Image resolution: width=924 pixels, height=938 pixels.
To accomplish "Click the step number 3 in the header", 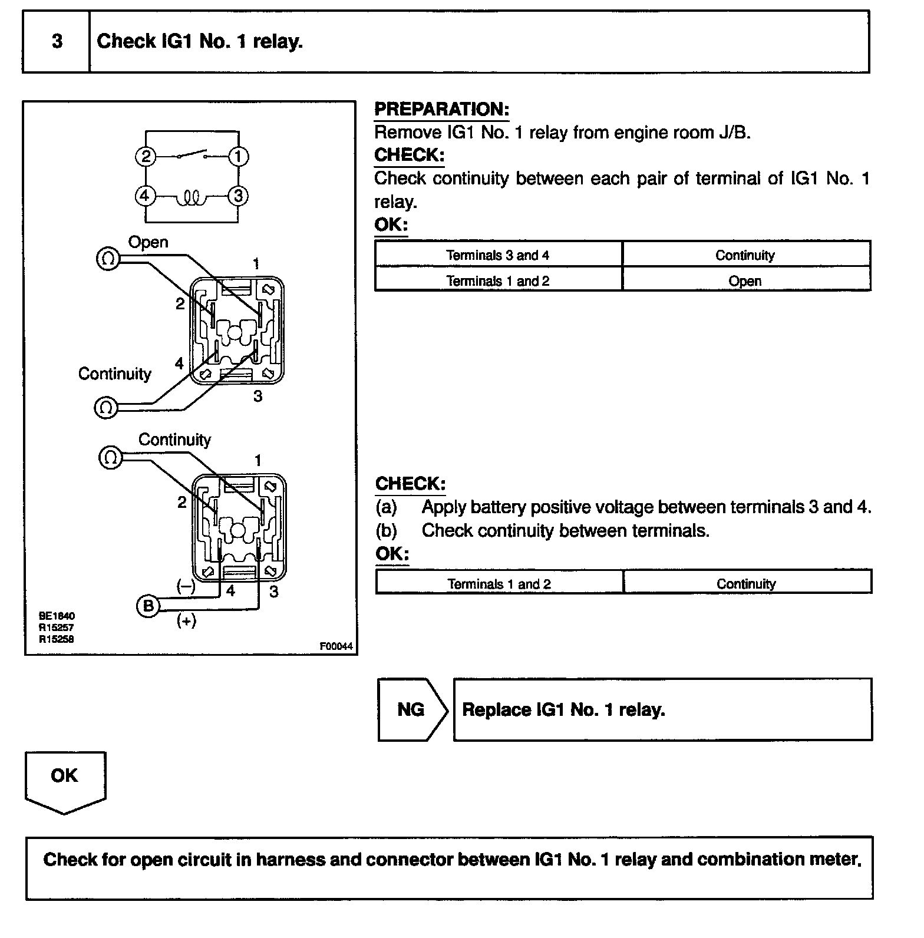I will pyautogui.click(x=57, y=41).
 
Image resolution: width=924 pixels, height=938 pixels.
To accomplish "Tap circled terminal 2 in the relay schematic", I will pyautogui.click(x=145, y=157).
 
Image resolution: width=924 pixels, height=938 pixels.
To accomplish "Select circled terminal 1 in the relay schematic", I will pyautogui.click(x=238, y=157).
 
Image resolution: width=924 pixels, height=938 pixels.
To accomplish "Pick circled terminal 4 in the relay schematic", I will pyautogui.click(x=145, y=196).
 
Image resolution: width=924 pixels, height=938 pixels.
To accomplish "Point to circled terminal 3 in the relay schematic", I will pyautogui.click(x=238, y=196).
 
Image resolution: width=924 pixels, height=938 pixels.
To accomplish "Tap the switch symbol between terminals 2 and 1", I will pyautogui.click(x=192, y=154).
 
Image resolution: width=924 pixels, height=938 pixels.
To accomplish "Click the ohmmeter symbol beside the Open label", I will pyautogui.click(x=108, y=259).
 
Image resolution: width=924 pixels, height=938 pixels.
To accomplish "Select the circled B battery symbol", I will pyautogui.click(x=148, y=606).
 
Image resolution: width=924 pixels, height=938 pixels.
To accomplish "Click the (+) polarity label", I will pyautogui.click(x=186, y=621).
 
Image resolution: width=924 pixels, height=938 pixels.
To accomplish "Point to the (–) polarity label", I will pyautogui.click(x=186, y=586).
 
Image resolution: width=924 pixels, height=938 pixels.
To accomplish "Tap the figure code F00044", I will pyautogui.click(x=336, y=646).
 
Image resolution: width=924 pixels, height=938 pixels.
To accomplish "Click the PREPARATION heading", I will pyautogui.click(x=441, y=110).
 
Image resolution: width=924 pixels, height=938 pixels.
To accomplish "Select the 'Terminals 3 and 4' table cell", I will pyautogui.click(x=498, y=255).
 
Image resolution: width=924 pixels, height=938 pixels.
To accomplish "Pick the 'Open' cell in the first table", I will pyautogui.click(x=745, y=281).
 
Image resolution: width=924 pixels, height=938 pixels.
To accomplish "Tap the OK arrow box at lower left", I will pyautogui.click(x=64, y=778).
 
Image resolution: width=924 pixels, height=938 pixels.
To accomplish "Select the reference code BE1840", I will pyautogui.click(x=57, y=616).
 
